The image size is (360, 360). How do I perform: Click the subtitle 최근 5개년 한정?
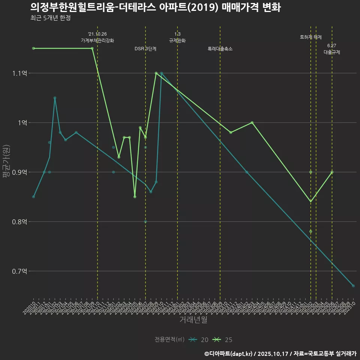pyautogui.click(x=50, y=18)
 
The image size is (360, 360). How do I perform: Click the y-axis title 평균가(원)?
pyautogui.click(x=5, y=163)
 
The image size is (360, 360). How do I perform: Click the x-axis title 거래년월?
pyautogui.click(x=193, y=320)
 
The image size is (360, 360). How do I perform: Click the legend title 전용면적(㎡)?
pyautogui.click(x=169, y=340)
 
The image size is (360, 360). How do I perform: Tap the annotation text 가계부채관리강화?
pyautogui.click(x=97, y=40)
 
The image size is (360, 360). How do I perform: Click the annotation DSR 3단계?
pyautogui.click(x=145, y=49)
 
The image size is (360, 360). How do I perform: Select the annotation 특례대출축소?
pyautogui.click(x=220, y=49)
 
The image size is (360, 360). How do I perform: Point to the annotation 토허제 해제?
pyautogui.click(x=311, y=37)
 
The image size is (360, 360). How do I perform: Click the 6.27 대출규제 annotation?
pyautogui.click(x=332, y=49)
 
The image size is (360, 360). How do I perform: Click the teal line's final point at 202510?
pyautogui.click(x=353, y=286)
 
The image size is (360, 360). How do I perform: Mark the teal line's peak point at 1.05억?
pyautogui.click(x=55, y=98)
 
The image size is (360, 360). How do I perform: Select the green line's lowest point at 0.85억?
pyautogui.click(x=135, y=197)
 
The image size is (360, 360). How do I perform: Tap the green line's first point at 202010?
pyautogui.click(x=33, y=48)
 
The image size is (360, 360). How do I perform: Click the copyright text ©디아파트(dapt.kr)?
pyautogui.click(x=229, y=354)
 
